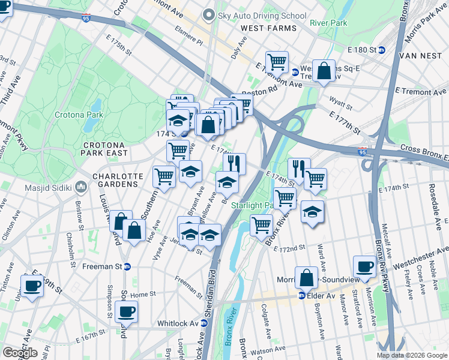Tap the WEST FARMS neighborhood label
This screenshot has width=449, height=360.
(x=268, y=28)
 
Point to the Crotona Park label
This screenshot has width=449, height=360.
(x=79, y=115)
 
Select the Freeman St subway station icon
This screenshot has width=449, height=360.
(x=127, y=267)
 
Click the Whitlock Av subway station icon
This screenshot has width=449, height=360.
(x=205, y=323)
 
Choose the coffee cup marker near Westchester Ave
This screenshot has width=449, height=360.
(x=364, y=266)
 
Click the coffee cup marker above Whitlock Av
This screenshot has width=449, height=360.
(x=126, y=311)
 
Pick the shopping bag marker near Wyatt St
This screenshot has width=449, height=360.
(x=324, y=71)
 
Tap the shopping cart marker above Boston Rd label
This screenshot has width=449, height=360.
(x=277, y=61)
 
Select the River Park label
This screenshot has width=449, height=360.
(x=328, y=23)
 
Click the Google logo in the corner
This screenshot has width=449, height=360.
(x=20, y=353)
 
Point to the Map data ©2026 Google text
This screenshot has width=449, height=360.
(x=412, y=355)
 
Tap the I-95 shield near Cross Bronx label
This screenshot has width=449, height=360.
(x=363, y=154)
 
